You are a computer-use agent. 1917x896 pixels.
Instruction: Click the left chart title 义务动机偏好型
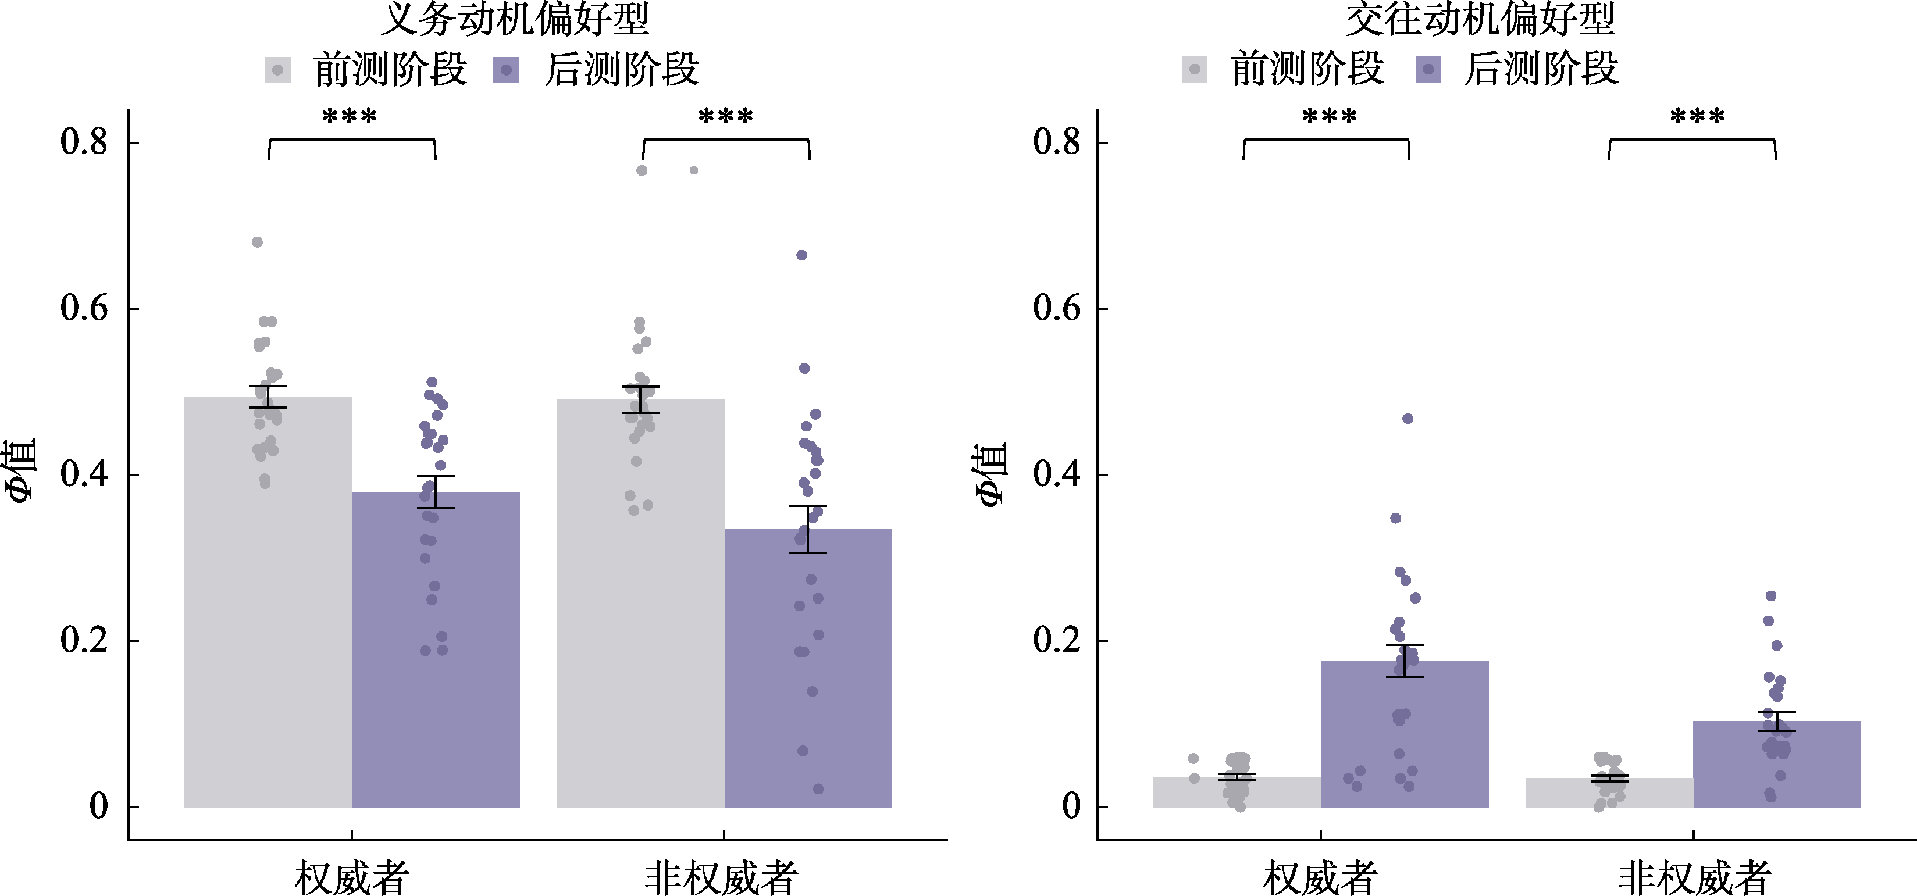pos(515,19)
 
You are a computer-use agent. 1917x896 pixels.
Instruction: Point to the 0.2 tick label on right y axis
pos(1057,641)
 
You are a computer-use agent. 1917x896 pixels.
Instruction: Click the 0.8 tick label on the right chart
pos(1057,141)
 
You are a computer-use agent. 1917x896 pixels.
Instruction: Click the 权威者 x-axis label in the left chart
pos(351,878)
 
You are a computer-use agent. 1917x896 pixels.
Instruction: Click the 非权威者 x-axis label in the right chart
pos(1694,878)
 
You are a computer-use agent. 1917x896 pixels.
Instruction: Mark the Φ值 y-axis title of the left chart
pos(22,472)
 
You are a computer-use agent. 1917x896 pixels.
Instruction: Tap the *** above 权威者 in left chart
pos(350,117)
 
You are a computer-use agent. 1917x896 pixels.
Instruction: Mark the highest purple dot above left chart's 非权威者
pos(802,255)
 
